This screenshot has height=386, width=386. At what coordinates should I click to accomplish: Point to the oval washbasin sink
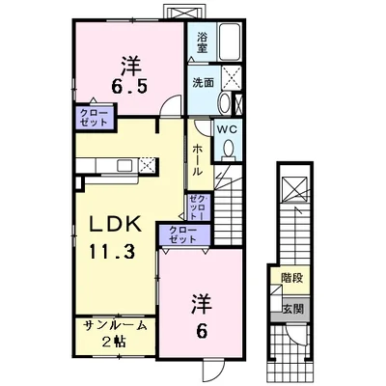point(224,103)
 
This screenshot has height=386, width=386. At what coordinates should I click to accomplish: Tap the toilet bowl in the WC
point(230,148)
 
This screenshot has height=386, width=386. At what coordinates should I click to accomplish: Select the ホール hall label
point(197,158)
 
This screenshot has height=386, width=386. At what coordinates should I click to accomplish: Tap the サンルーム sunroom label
point(114,325)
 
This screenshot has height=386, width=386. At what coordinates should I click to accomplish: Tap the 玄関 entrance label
point(290,309)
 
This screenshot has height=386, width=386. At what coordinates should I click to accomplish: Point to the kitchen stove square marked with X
point(148,165)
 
